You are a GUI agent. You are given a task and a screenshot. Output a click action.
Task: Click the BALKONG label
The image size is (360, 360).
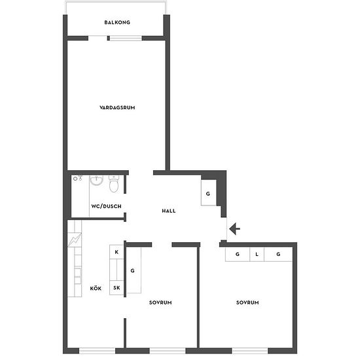point(117,22)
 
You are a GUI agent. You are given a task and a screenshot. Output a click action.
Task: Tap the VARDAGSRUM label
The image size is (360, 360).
point(117,107)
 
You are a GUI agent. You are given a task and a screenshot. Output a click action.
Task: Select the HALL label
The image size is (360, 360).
point(169,211)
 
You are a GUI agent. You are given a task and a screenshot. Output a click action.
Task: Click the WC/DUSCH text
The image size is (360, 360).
point(106,206)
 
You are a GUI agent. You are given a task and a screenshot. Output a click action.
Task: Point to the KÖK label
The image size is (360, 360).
point(96,289)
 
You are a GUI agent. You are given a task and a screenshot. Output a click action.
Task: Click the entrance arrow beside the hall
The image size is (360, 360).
point(234,228)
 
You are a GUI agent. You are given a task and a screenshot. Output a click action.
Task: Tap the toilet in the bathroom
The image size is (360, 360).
point(114,183)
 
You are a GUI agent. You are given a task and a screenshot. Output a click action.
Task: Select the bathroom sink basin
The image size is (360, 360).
point(97,180)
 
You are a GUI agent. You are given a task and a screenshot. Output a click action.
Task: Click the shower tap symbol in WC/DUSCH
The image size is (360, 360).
point(78,177)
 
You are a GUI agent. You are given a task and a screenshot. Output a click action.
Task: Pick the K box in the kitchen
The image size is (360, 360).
point(117,252)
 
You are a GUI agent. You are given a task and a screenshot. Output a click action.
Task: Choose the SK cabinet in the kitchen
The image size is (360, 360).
point(117,288)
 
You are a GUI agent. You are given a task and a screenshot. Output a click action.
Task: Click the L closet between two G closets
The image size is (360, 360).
point(257,254)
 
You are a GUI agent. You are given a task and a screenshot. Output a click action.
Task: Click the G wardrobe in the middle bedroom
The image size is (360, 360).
point(134,270)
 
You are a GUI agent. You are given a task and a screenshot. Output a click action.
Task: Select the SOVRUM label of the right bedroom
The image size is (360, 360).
point(247,302)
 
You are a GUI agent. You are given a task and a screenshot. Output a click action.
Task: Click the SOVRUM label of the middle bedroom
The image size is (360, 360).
point(160,302)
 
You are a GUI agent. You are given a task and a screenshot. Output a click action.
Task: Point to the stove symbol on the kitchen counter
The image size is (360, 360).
point(75,240)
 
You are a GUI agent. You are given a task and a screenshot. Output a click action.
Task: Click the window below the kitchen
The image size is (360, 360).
point(97,351)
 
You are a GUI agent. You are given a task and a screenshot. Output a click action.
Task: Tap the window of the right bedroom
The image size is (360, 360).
point(250,351)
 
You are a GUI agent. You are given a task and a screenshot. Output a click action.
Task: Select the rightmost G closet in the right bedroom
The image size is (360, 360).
point(278,254)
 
